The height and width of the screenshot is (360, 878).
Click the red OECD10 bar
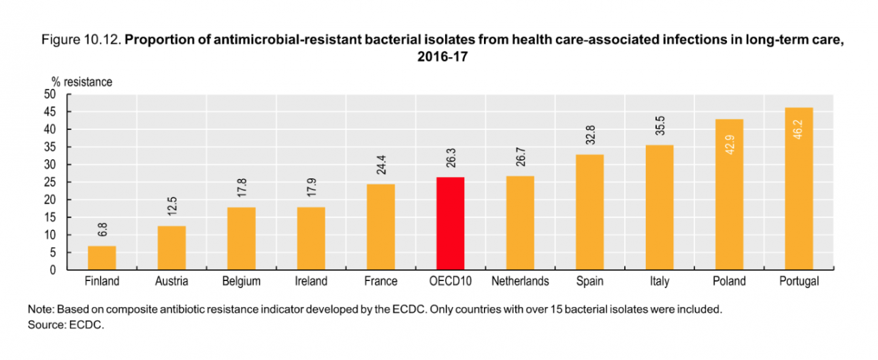[x=450, y=223]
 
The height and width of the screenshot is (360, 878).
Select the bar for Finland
[x=101, y=258]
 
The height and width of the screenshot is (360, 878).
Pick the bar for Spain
[x=589, y=212]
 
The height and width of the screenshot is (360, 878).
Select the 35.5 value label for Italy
[x=659, y=128]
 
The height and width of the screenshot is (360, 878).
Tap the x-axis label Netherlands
[x=519, y=281]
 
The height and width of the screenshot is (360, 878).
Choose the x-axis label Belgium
[x=241, y=281]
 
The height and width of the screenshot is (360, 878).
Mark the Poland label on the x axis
[x=729, y=281]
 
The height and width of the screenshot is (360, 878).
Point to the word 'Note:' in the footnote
[x=40, y=310]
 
